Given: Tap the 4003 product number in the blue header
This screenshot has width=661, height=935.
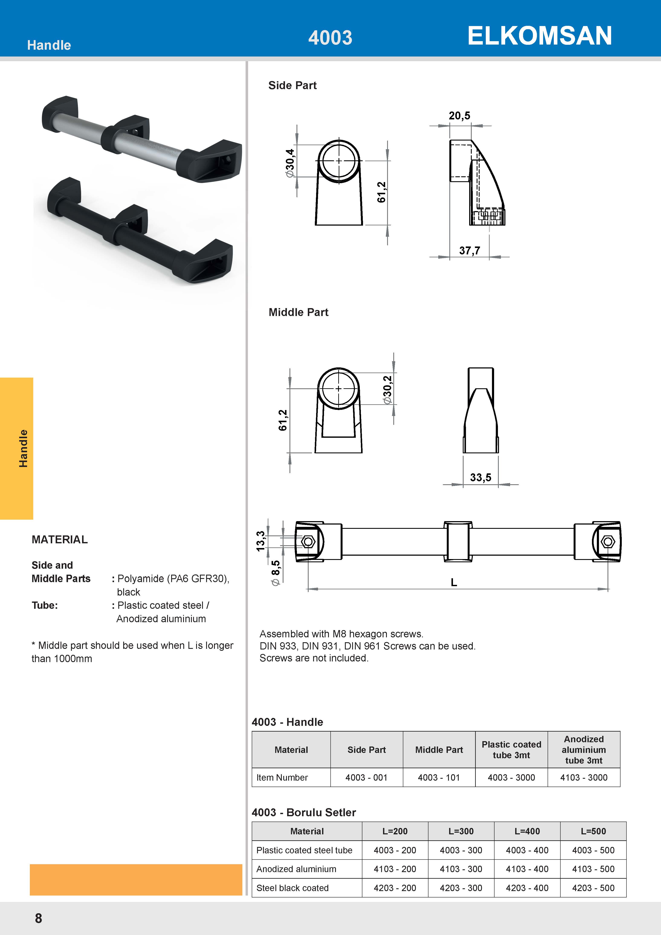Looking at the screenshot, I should click(x=330, y=38).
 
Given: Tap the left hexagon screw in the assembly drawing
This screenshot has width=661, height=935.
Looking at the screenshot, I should click(x=308, y=542).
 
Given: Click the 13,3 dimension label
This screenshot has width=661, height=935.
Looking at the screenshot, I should click(x=260, y=541).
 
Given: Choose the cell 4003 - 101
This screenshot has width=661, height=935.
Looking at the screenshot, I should click(x=439, y=777).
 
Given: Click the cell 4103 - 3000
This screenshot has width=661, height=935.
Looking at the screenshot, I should click(x=584, y=777).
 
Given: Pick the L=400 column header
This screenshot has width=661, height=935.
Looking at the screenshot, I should click(x=527, y=831).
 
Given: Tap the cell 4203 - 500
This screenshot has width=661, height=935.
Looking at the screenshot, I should click(x=593, y=888).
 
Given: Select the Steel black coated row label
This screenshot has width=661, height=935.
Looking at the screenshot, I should click(x=293, y=888).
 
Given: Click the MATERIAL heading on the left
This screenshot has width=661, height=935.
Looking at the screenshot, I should click(x=60, y=540).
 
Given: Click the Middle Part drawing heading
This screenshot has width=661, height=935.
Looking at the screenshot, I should click(x=298, y=312).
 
